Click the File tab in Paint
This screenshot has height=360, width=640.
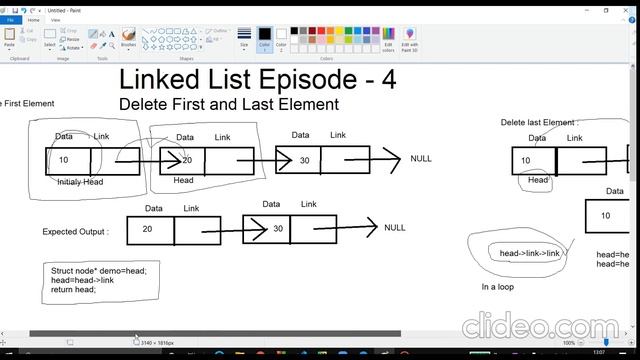click(10, 19)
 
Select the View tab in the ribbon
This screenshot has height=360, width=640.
click(55, 19)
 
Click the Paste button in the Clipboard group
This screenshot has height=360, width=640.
click(10, 38)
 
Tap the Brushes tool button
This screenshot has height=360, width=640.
click(128, 38)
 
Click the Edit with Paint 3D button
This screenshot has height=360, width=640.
click(410, 39)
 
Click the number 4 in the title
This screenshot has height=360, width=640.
click(387, 80)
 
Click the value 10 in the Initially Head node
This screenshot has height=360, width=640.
click(64, 161)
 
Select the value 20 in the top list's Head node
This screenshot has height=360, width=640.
click(186, 161)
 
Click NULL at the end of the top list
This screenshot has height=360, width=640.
click(421, 159)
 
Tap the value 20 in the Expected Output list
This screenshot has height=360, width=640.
click(147, 229)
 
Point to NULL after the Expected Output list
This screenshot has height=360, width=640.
click(395, 228)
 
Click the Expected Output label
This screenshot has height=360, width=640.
click(75, 232)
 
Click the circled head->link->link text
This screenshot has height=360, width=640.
click(524, 253)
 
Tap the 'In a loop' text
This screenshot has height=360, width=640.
click(498, 287)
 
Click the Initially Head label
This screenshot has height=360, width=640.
click(80, 182)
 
